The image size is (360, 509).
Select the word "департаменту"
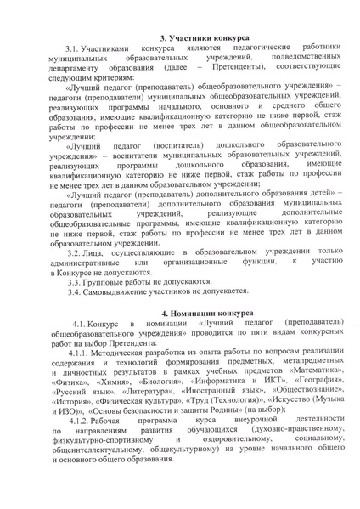point(79,75)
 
